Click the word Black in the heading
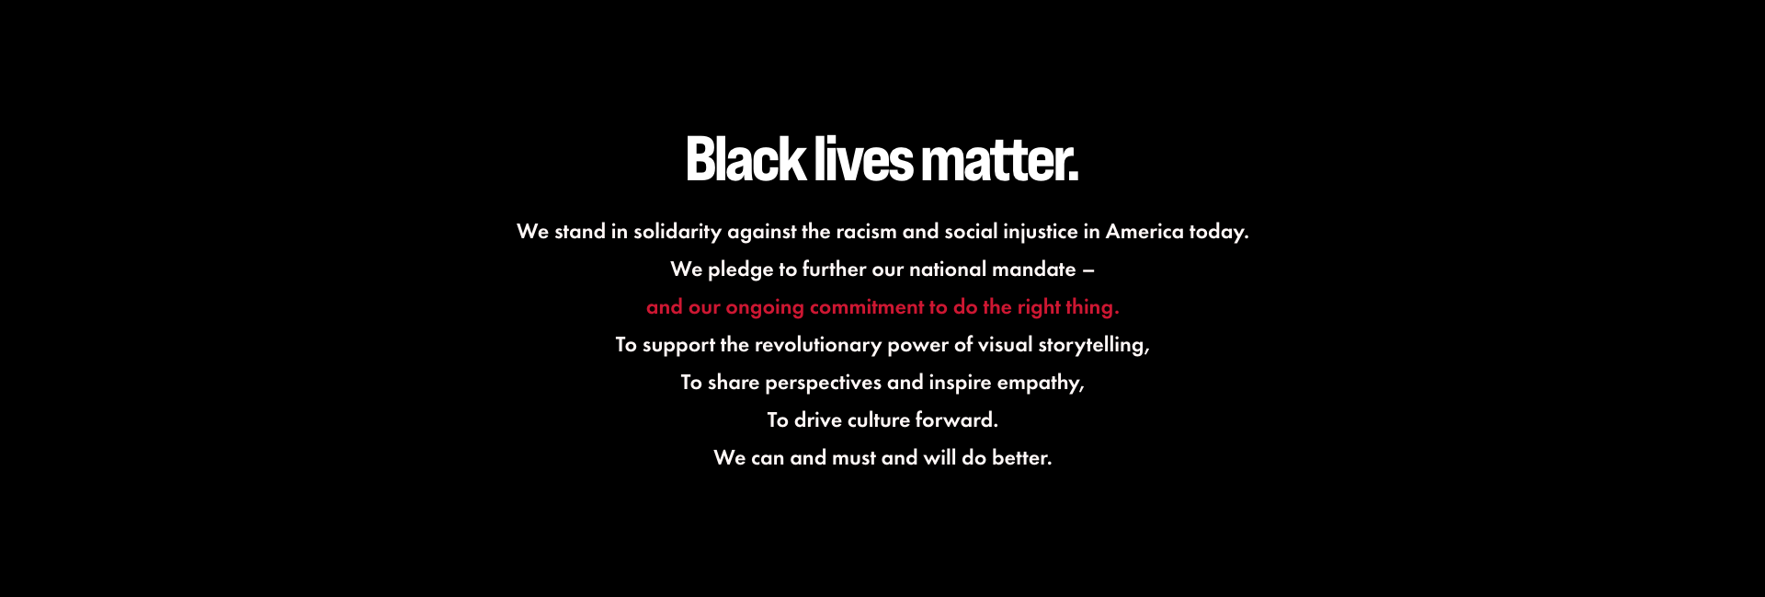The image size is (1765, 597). [746, 159]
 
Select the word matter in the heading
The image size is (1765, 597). [996, 159]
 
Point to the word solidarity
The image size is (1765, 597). [678, 232]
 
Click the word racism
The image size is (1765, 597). [867, 232]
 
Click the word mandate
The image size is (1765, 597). [1034, 270]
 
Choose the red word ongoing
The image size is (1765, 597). [765, 308]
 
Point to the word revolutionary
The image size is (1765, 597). [818, 345]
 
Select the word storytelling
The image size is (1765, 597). [1094, 345]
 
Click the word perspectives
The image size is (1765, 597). [824, 383]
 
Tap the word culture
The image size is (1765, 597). [879, 420]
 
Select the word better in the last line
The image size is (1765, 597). [1021, 458]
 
